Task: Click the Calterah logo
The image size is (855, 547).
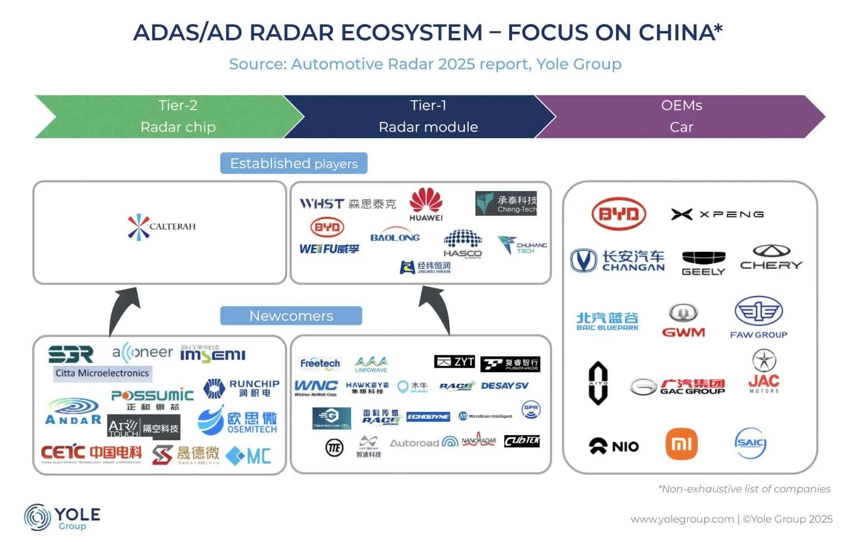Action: (161, 227)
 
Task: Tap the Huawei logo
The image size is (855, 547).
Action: (426, 204)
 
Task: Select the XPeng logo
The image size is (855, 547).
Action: (717, 214)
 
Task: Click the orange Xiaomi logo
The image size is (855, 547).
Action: (681, 444)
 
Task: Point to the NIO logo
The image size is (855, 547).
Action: (614, 446)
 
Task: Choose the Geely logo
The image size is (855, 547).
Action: (704, 263)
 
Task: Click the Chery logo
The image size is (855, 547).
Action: (772, 258)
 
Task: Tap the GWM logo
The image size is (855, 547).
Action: (684, 321)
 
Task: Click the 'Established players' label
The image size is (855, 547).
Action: (294, 164)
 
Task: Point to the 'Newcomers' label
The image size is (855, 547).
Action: (291, 316)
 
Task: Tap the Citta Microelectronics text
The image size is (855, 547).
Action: (102, 373)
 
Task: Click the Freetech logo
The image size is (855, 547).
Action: (320, 364)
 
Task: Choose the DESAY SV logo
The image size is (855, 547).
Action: (504, 385)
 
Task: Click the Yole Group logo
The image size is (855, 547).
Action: (62, 517)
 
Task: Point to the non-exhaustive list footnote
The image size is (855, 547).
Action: (744, 489)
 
